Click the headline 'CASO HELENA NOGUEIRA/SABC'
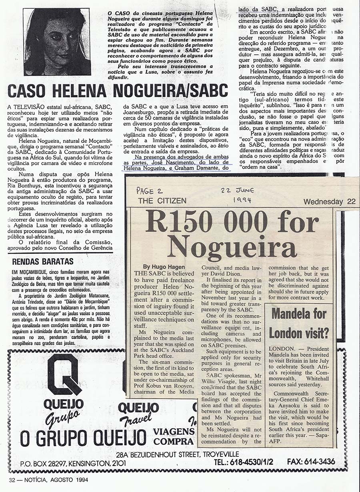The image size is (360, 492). (118, 91)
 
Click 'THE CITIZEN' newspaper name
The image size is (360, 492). (162, 201)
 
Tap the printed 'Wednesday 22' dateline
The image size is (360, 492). (329, 202)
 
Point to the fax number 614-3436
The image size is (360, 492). (311, 462)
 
